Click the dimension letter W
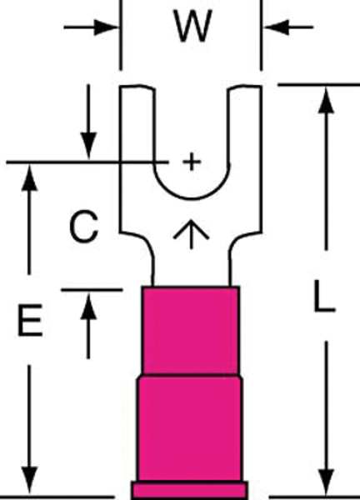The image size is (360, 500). [192, 26]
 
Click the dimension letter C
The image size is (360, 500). [84, 227]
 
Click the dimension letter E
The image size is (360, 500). [30, 320]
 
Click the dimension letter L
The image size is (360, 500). [325, 296]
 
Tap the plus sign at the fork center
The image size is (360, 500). [192, 162]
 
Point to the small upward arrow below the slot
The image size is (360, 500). [191, 234]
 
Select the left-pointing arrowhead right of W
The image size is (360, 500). [277, 27]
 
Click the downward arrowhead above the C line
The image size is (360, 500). [88, 145]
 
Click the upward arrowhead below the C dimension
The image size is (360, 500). [88, 307]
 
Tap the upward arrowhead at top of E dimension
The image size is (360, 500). [29, 178]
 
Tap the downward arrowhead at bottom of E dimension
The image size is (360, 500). [29, 480]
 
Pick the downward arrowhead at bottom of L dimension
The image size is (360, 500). [326, 482]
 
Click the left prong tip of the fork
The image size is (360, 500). [137, 87]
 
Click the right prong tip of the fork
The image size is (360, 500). [245, 87]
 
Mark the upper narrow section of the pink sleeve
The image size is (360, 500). [191, 331]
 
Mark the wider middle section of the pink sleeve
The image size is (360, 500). [190, 428]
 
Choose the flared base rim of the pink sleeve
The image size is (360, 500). [190, 490]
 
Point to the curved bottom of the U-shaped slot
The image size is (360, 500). [192, 199]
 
